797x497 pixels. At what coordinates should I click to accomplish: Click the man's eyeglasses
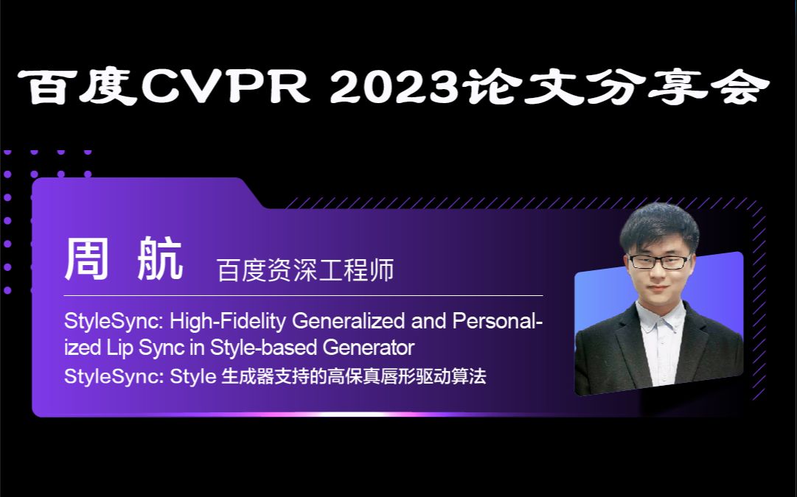click(658, 261)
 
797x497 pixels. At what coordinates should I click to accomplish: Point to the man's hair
click(658, 225)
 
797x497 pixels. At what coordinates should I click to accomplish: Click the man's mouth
click(658, 289)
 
